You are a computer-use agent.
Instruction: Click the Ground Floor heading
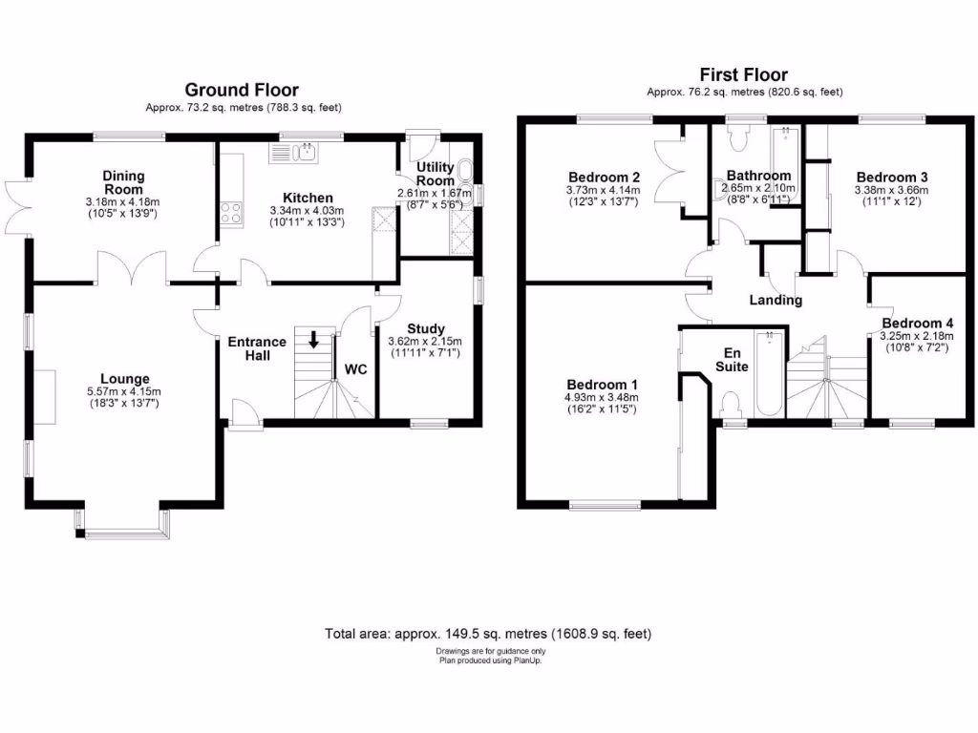click(x=242, y=90)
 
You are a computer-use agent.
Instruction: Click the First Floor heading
click(x=744, y=74)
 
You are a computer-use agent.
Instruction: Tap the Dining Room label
click(x=124, y=181)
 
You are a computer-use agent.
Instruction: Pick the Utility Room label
click(x=436, y=174)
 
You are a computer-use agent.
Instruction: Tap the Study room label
click(x=425, y=329)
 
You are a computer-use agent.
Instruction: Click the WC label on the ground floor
click(x=355, y=368)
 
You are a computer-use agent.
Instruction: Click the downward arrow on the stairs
click(x=313, y=340)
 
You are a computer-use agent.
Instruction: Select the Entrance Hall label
click(x=256, y=348)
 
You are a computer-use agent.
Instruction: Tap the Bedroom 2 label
click(x=604, y=177)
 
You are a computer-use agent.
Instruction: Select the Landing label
click(x=776, y=301)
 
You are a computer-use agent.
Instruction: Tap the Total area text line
click(x=488, y=633)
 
